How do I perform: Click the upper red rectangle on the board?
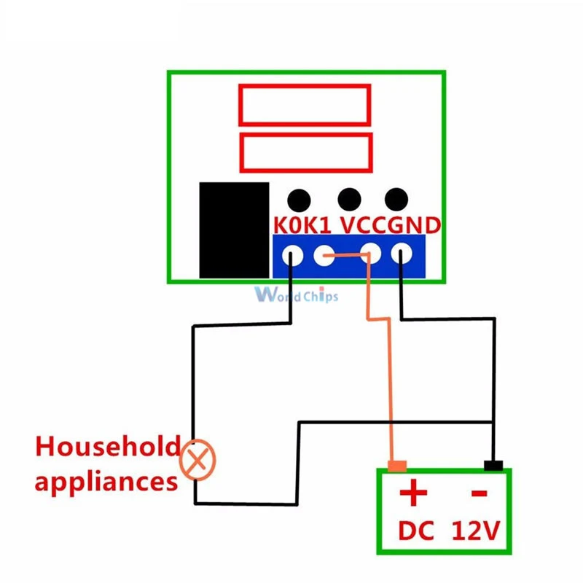305,104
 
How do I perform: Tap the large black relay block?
233,230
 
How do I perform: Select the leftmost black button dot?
298,200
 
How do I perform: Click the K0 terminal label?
286,226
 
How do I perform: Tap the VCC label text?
362,226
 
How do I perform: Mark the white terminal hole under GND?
402,256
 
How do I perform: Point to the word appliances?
106,481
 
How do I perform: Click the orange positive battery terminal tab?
397,465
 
